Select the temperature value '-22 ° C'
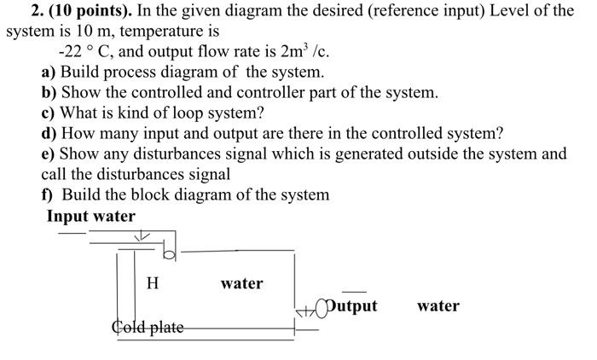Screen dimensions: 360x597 (80, 51)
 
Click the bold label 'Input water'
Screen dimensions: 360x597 (91, 216)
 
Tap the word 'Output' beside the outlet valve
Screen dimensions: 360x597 (350, 305)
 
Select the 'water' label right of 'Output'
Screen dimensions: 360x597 (438, 305)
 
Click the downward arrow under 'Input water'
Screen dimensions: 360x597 (144, 235)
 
